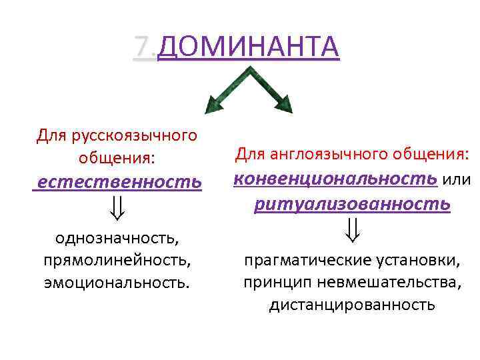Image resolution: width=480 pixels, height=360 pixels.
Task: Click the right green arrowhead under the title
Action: (x=283, y=103)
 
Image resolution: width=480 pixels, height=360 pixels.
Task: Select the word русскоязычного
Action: (x=140, y=136)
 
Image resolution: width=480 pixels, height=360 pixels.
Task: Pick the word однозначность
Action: (x=116, y=237)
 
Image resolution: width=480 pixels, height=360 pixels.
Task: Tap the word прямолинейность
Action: (x=117, y=259)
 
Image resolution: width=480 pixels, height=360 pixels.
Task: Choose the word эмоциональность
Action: (x=117, y=281)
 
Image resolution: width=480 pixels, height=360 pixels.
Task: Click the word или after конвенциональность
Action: (x=457, y=179)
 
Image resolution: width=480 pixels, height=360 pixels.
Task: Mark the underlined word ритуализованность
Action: (x=352, y=203)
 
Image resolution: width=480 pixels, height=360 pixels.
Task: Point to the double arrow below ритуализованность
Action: (x=352, y=231)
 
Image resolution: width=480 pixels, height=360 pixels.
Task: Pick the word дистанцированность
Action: (x=352, y=305)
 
